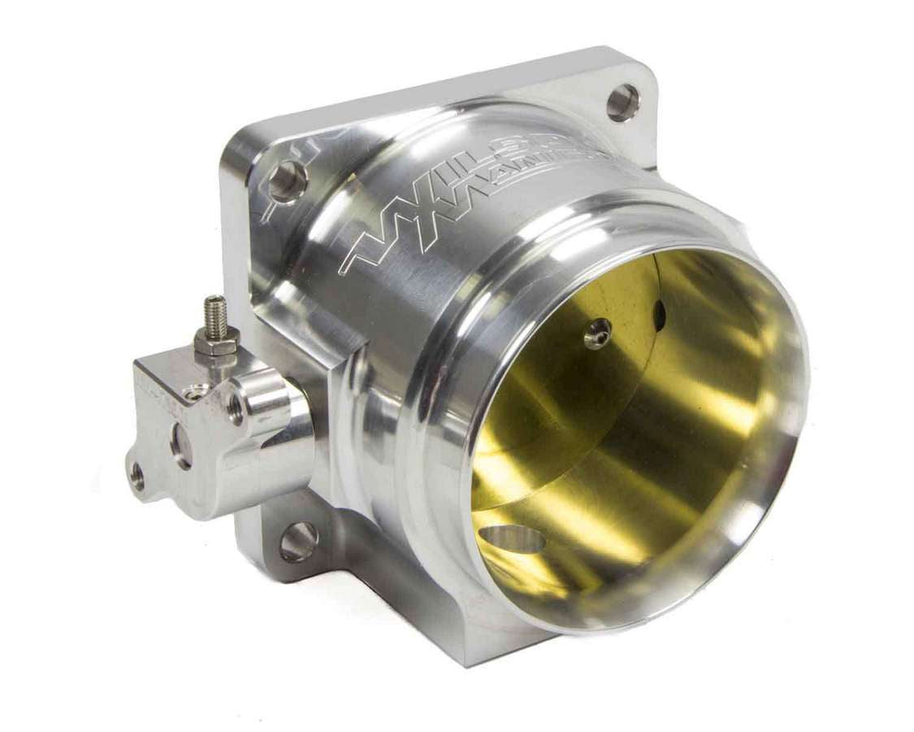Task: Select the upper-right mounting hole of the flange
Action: point(622,103)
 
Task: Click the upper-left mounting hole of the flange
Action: point(288,181)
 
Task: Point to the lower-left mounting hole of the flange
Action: point(298,541)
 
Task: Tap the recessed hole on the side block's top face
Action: point(196,392)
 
